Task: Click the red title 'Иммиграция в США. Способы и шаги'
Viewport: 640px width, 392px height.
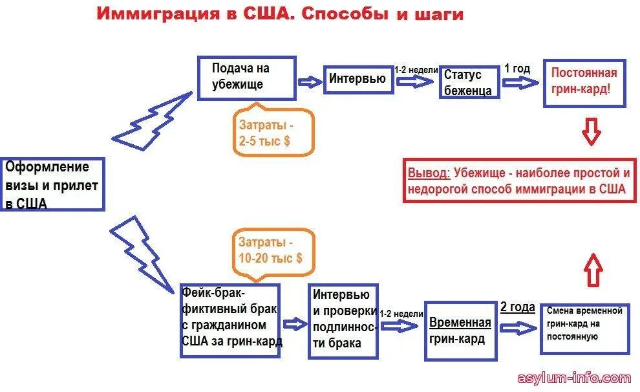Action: (x=280, y=15)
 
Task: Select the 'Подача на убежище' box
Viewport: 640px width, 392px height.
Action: (x=246, y=78)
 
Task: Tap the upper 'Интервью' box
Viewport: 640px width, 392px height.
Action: (x=357, y=80)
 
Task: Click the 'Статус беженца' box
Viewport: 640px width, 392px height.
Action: (x=469, y=82)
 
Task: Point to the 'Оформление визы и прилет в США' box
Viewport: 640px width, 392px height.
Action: (x=52, y=184)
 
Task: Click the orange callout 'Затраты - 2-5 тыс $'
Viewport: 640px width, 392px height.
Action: (x=274, y=132)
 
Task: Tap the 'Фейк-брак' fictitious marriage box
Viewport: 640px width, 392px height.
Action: (x=229, y=321)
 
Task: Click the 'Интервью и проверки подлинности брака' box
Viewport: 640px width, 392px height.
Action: (x=343, y=320)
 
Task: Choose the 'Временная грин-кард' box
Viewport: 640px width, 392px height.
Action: (x=460, y=331)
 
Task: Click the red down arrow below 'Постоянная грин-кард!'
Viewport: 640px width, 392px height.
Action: (x=591, y=131)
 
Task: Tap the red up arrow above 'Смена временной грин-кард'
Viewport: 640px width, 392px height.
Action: (x=593, y=268)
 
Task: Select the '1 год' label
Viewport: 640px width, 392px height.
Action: (x=517, y=69)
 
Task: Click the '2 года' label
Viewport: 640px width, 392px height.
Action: (x=517, y=307)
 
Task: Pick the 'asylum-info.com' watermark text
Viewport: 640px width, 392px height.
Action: (x=574, y=378)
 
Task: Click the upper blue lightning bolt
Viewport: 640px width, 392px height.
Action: (x=153, y=121)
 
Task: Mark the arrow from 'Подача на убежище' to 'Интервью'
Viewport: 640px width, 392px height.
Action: (x=310, y=82)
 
